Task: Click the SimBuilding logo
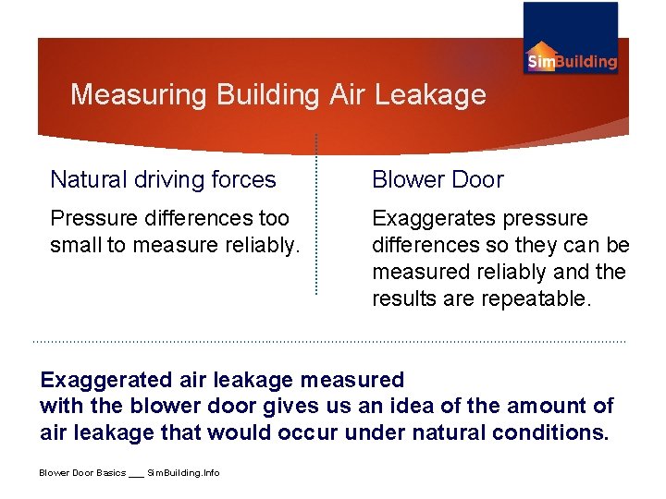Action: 571,39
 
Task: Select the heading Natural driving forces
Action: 163,179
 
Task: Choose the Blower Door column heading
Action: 438,179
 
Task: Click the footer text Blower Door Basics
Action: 81,473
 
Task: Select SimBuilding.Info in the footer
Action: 184,473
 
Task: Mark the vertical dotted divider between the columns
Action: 316,214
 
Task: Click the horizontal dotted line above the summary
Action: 328,341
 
